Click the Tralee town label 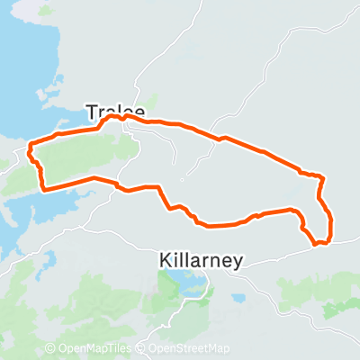pyautogui.click(x=114, y=110)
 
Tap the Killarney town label pyautogui.click(x=199, y=259)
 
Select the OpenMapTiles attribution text pyautogui.click(x=95, y=348)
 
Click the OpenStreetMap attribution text pyautogui.click(x=188, y=348)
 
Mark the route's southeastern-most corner pyautogui.click(x=318, y=242)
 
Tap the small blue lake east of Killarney pyautogui.click(x=238, y=298)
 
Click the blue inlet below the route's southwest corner pyautogui.click(x=27, y=211)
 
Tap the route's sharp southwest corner pyautogui.click(x=42, y=188)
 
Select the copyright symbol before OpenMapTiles pyautogui.click(x=50, y=348)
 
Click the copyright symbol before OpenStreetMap pyautogui.click(x=141, y=348)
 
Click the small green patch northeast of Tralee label pyautogui.click(x=149, y=101)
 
